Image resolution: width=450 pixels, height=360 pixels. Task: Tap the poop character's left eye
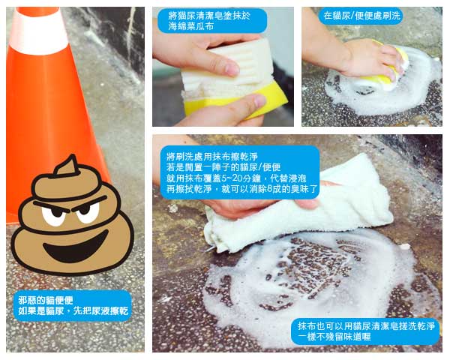tap(54, 214)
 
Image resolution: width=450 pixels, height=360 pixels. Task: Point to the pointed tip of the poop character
tap(73, 157)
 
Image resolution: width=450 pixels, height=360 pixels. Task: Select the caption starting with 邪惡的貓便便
tap(73, 306)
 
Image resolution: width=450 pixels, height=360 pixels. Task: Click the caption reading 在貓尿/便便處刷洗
tap(361, 16)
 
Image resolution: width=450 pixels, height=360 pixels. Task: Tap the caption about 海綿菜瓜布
tap(212, 21)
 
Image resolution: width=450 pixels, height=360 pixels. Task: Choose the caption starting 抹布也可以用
tap(365, 331)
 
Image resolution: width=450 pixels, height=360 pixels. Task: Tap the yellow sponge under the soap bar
tap(235, 100)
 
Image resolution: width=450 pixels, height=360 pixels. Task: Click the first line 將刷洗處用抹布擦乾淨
tap(212, 157)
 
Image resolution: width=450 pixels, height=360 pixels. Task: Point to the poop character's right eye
tap(88, 213)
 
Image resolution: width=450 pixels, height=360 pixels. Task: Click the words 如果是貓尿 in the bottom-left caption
tap(41, 311)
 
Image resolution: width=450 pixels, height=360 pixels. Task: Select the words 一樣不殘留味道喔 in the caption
tap(334, 337)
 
